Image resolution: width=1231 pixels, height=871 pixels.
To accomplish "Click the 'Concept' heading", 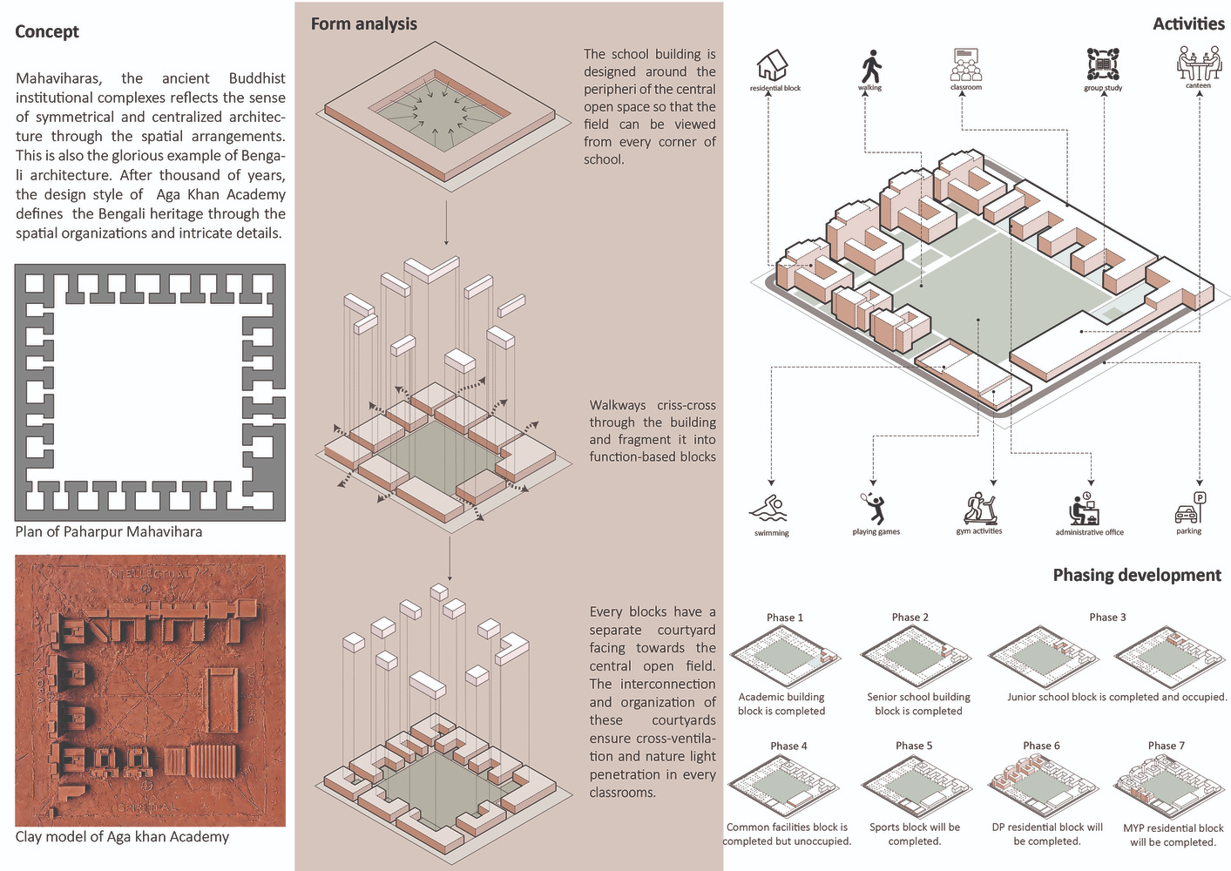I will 47,32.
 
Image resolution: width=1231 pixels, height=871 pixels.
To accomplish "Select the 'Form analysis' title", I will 363,24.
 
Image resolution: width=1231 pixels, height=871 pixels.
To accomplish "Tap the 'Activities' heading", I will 1188,24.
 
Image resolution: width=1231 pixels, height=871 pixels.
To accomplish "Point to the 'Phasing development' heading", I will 1136,575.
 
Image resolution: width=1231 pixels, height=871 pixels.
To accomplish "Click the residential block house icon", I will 772,65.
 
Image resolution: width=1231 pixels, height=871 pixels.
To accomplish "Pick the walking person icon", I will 870,66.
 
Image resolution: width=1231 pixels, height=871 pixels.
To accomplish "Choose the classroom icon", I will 965,65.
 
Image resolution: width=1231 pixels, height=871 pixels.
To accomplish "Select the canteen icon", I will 1199,64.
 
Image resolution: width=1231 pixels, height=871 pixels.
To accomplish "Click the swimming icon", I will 769,508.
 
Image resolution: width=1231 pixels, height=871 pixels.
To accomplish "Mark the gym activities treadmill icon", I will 979,508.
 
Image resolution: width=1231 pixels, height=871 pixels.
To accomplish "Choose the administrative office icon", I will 1086,510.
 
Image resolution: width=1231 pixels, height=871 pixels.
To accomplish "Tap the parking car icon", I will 1189,509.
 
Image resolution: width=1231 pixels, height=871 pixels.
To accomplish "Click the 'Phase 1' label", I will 785,618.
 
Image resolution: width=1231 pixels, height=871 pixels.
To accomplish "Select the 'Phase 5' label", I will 914,746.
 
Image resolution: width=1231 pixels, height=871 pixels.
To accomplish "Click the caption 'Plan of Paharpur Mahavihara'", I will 109,532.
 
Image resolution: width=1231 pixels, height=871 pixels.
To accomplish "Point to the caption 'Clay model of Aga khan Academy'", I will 122,837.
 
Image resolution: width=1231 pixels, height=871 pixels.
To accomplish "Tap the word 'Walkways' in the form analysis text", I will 618,405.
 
